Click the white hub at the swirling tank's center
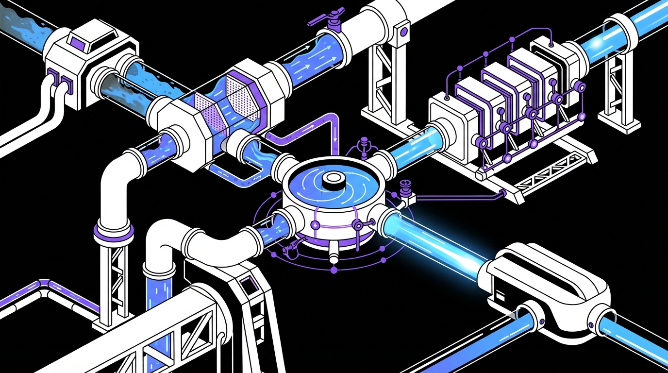tap(334, 179)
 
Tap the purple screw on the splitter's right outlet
tap(590, 325)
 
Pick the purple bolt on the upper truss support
tap(402, 32)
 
